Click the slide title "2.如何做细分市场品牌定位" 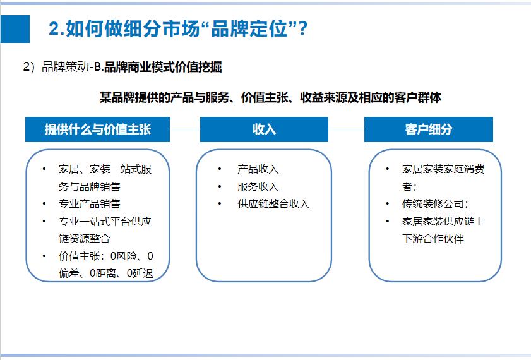(178, 28)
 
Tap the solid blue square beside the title (15, 29)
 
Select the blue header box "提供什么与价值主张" (98, 129)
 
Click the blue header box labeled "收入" (264, 129)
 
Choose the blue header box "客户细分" (429, 129)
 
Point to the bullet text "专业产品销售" (90, 204)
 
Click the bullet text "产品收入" (258, 169)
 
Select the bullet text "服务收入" (258, 187)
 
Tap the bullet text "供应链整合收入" (273, 204)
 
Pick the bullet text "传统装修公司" (435, 204)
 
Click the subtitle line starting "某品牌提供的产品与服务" (270, 98)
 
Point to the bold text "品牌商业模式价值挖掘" (163, 67)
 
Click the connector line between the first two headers (185, 129)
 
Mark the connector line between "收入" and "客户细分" (346, 129)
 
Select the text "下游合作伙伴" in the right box (433, 239)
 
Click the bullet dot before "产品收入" (220, 169)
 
